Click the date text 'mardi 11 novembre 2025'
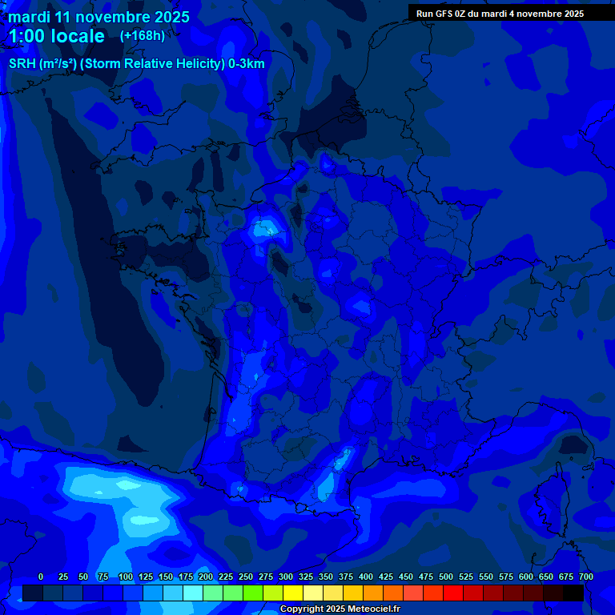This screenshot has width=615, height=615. click(x=98, y=17)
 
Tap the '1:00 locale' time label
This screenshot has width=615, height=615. click(x=56, y=37)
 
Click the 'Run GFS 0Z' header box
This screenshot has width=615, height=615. click(x=500, y=13)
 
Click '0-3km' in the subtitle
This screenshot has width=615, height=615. click(x=247, y=64)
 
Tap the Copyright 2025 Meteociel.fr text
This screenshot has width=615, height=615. click(x=340, y=609)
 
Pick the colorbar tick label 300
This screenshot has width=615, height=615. click(x=286, y=577)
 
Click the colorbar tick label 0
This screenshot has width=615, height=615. click(x=41, y=577)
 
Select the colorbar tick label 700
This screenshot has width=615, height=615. click(x=586, y=577)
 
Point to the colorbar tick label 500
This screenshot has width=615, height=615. click(x=446, y=577)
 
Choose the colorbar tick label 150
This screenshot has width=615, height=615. click(x=166, y=577)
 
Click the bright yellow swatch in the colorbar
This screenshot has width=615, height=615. click(x=293, y=593)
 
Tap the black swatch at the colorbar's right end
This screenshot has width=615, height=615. click(x=573, y=593)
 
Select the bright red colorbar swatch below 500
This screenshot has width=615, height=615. click(x=453, y=593)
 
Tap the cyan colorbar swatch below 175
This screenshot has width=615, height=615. click(x=193, y=593)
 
